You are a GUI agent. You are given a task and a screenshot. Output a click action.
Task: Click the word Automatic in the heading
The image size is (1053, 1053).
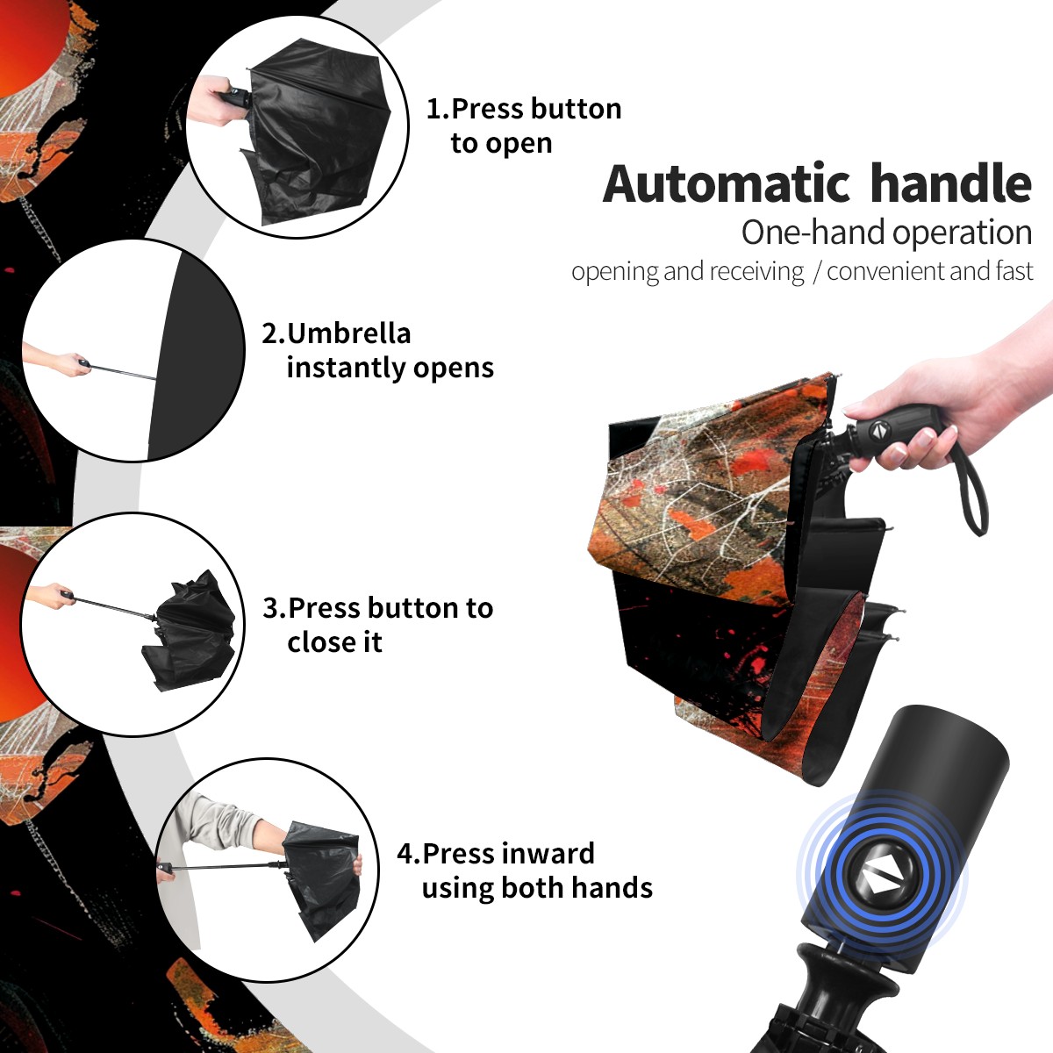727,183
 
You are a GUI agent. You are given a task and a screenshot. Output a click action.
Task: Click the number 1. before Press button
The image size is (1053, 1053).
437,109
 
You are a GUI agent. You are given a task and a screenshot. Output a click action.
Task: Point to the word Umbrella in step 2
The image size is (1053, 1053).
348,333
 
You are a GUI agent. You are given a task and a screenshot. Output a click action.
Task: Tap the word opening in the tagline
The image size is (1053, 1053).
615,272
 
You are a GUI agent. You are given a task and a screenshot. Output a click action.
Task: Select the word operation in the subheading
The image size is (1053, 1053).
963,233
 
